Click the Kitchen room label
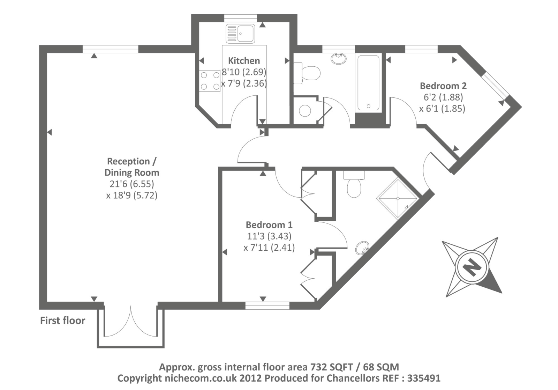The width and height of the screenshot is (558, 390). [244, 61]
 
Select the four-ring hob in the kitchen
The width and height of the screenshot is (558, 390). [210, 81]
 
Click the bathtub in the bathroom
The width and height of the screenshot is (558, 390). [368, 83]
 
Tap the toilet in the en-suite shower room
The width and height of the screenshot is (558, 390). [354, 185]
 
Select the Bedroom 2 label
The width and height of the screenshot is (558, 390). [443, 86]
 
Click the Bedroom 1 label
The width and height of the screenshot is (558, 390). [269, 225]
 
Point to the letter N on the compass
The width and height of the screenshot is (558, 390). [472, 267]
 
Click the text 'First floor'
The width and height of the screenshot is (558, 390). [62, 321]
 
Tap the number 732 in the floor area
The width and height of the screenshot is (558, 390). [318, 367]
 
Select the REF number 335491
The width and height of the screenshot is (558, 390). [424, 378]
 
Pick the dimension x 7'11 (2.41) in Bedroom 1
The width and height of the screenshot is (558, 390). [269, 248]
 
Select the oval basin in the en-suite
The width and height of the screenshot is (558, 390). [362, 248]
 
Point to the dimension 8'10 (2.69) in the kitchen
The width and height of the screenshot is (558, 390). [244, 72]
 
